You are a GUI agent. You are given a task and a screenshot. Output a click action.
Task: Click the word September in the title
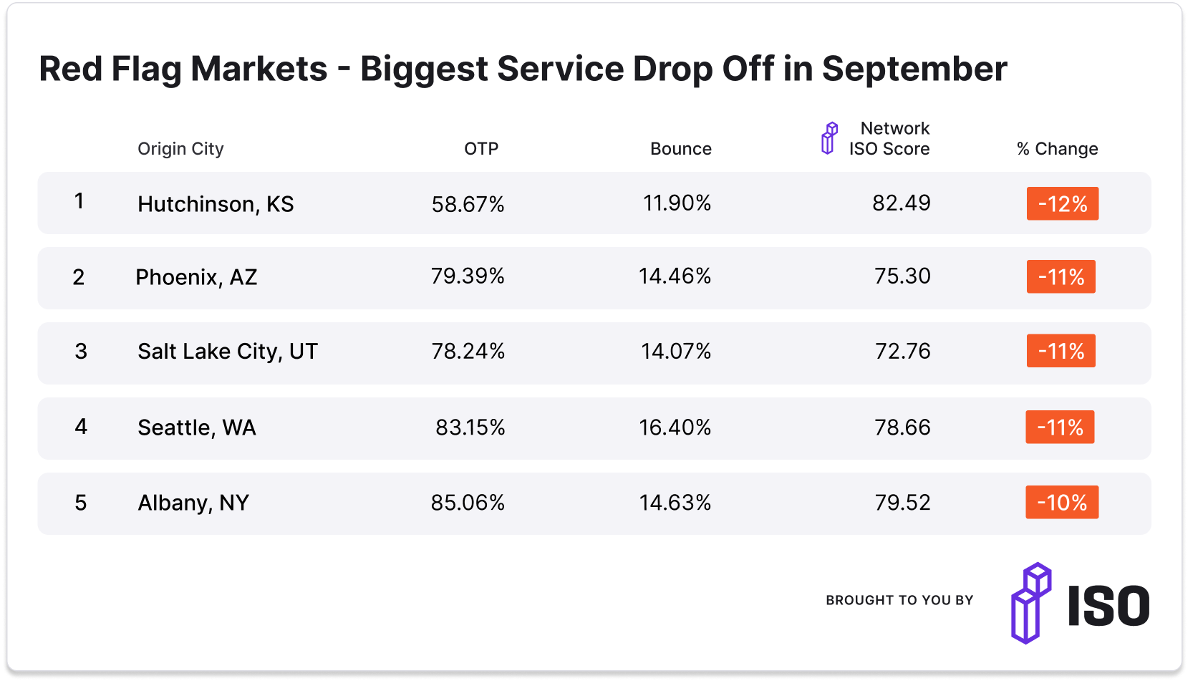914,69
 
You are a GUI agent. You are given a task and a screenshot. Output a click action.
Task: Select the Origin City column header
180,149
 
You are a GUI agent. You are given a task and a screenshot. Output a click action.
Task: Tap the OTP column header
480,149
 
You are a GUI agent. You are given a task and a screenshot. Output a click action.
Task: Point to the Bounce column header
680,149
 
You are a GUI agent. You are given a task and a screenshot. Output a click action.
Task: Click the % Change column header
1057,149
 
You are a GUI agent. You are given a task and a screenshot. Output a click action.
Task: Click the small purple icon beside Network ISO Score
829,138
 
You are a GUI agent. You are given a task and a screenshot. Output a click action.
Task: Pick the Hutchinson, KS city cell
216,204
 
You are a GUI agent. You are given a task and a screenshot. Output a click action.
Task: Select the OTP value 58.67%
468,204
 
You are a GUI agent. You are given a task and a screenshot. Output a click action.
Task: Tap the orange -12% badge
1062,204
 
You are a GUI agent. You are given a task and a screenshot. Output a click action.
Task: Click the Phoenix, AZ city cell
196,277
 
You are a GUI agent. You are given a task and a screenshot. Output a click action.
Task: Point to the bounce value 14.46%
675,276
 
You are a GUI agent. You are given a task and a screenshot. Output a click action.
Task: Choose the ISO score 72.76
902,351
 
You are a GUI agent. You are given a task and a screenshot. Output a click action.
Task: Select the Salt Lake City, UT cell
227,352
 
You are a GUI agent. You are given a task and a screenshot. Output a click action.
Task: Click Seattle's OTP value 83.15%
470,427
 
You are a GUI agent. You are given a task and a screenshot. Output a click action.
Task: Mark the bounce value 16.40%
675,427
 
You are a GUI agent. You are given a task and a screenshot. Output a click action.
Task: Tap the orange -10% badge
1062,503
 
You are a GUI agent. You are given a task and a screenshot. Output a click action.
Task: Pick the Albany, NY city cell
193,503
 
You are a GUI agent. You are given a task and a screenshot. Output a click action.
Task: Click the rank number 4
81,427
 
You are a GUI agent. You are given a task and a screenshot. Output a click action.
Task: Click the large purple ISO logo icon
1031,603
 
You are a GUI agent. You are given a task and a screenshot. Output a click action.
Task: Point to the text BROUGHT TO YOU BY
899,600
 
